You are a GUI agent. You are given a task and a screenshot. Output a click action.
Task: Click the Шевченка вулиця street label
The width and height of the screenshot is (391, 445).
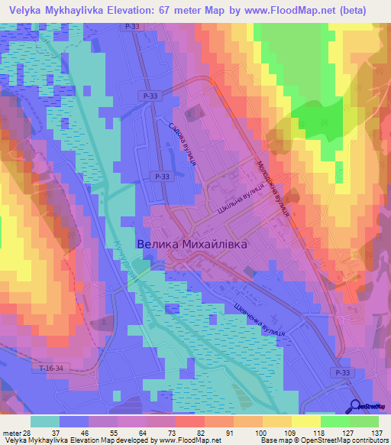257,320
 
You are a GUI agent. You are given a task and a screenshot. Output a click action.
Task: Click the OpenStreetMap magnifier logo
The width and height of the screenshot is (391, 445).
357,407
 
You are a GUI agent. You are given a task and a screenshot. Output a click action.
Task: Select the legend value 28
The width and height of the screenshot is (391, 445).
28,433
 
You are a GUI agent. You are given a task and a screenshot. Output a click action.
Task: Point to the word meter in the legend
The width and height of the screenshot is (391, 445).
11,433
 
